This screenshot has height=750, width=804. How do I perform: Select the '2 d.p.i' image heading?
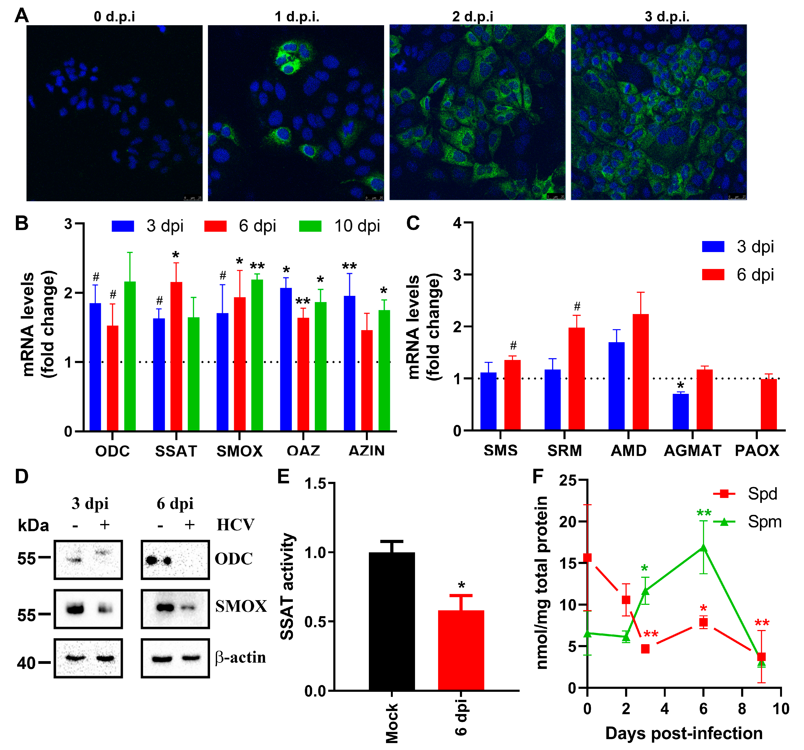[x=472, y=17]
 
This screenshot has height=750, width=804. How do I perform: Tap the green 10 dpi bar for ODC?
[x=130, y=356]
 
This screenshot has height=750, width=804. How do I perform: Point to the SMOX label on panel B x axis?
[x=239, y=451]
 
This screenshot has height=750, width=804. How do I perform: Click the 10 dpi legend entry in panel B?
[x=340, y=226]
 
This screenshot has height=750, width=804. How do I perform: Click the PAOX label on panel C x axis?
[x=757, y=450]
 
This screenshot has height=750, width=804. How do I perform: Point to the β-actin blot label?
[x=241, y=658]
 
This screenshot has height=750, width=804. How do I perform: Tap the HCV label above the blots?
[x=235, y=525]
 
